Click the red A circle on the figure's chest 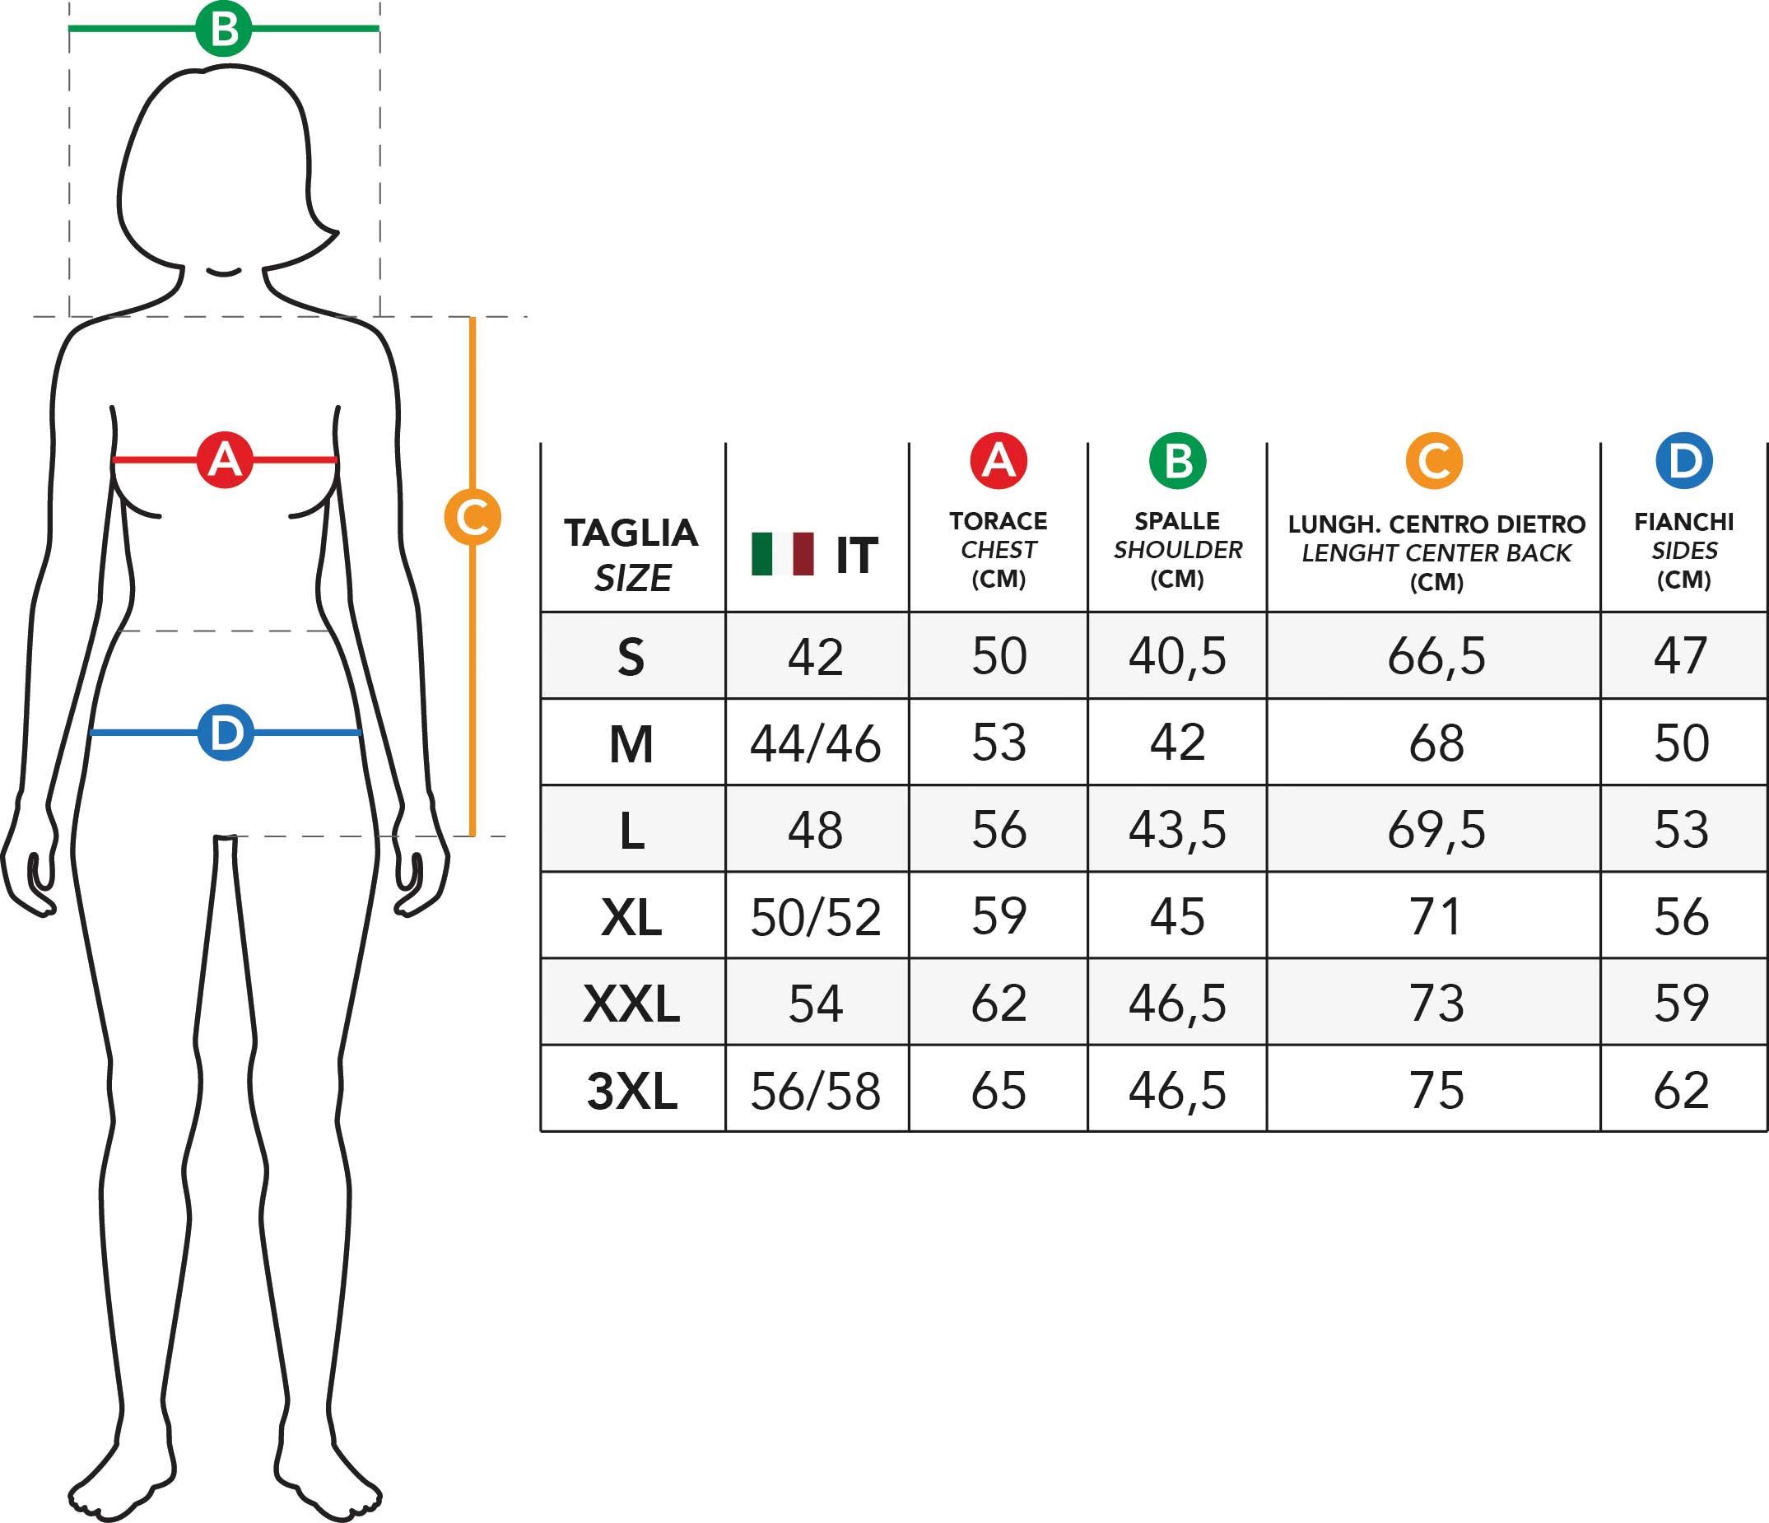tap(225, 460)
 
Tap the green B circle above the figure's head tap(224, 28)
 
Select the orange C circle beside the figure tap(473, 516)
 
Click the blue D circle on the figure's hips tap(226, 733)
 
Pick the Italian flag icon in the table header tap(782, 554)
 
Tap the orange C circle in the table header tap(1434, 461)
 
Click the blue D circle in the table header tap(1683, 461)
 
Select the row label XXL tap(632, 1003)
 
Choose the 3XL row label tap(632, 1091)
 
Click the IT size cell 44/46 tap(815, 743)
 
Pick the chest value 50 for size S tap(999, 656)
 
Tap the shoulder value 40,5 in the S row tap(1177, 656)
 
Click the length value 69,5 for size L tap(1436, 830)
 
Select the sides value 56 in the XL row tap(1682, 917)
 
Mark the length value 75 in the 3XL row tap(1436, 1090)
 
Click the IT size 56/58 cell tap(815, 1091)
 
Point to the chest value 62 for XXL tap(999, 1003)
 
